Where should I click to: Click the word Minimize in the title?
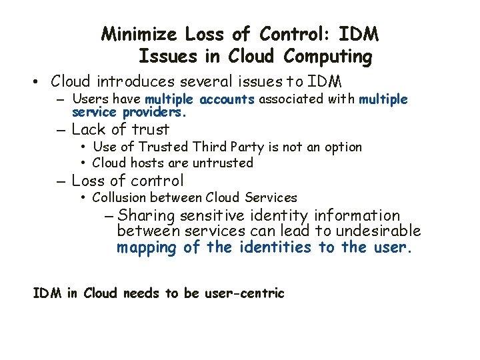(x=140, y=33)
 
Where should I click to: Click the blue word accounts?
(x=223, y=99)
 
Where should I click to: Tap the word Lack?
(x=88, y=129)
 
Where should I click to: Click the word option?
(x=340, y=147)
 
